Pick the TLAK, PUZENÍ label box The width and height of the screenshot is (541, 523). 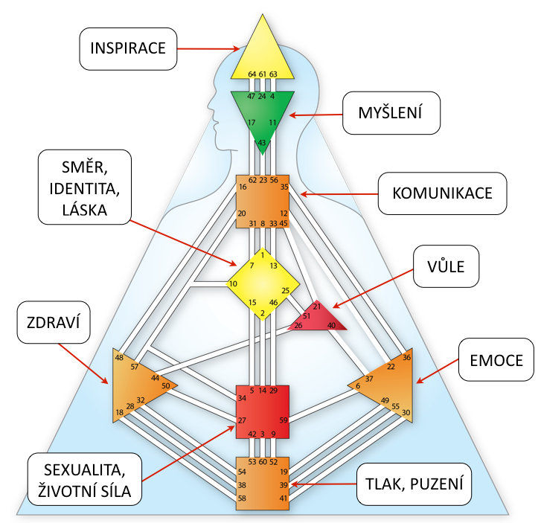tap(414, 484)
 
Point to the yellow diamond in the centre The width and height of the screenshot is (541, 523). tap(262, 283)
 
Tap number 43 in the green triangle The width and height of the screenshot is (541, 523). tap(262, 142)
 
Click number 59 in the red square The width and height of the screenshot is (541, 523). tap(283, 420)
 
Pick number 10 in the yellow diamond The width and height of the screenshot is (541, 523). tap(232, 283)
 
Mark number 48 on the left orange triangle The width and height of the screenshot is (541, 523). tap(119, 358)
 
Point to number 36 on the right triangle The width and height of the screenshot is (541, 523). tap(406, 357)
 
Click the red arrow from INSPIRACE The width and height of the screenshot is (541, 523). tap(208, 49)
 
